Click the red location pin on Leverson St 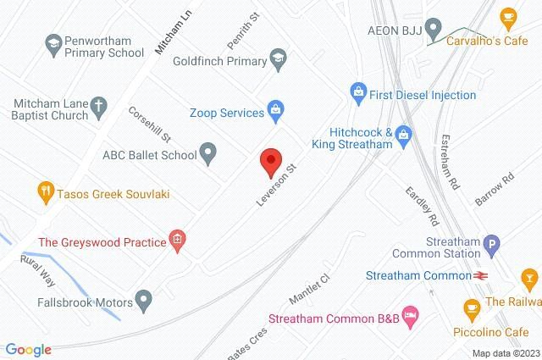click(270, 159)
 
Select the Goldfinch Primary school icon click(277, 61)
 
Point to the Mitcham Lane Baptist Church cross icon click(98, 107)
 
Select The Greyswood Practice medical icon click(177, 241)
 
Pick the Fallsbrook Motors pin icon click(145, 299)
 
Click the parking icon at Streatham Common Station click(490, 246)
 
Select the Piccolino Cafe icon click(471, 307)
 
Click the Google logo click(27, 350)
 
